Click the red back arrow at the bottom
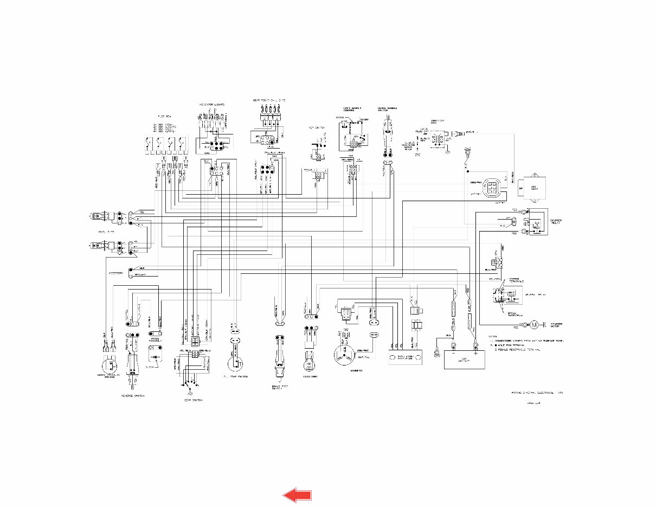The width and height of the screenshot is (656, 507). pyautogui.click(x=297, y=495)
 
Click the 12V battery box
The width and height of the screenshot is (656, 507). pyautogui.click(x=465, y=360)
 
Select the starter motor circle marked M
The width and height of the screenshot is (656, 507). pyautogui.click(x=534, y=325)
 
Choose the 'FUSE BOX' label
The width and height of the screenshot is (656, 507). pyautogui.click(x=165, y=116)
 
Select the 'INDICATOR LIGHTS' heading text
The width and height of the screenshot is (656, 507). pyautogui.click(x=211, y=104)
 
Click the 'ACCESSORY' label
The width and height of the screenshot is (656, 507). pyautogui.click(x=117, y=273)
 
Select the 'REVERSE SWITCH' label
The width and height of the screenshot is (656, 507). pyautogui.click(x=133, y=396)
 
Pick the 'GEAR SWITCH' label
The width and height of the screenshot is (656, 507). pyautogui.click(x=192, y=400)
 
